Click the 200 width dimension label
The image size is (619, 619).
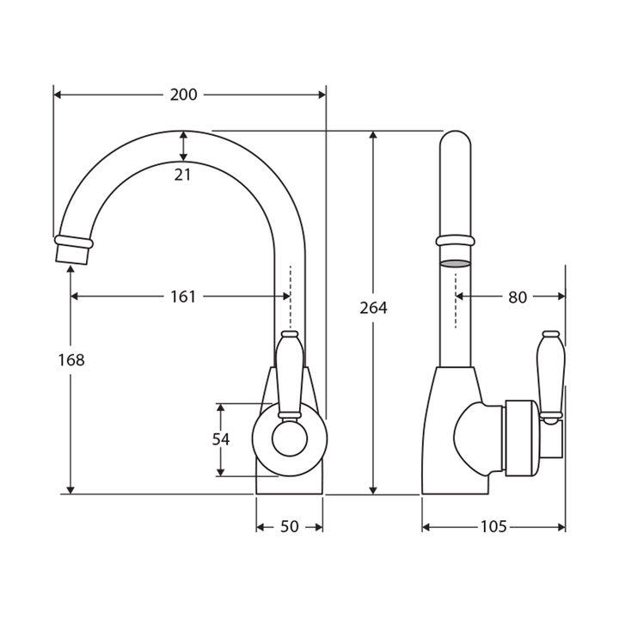(183, 95)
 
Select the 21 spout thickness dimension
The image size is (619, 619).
(182, 175)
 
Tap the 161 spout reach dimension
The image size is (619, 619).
(183, 297)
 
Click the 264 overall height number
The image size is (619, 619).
(373, 308)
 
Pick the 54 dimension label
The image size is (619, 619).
(221, 439)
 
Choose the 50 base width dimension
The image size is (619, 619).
(290, 526)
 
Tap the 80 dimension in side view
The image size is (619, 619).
(517, 297)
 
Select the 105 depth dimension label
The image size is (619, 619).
(493, 526)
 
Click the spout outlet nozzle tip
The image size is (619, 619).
(73, 252)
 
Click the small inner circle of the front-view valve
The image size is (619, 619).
(290, 439)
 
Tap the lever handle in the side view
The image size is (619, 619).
(549, 374)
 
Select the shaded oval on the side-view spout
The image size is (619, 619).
(456, 264)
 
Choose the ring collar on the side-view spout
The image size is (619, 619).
(456, 241)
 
